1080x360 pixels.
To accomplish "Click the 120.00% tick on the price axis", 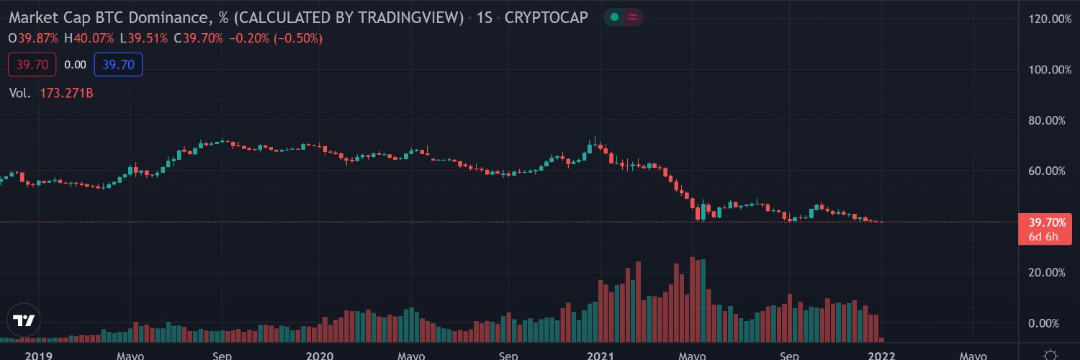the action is coord(1050,19).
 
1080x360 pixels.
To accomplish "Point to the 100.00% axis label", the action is coord(1050,70).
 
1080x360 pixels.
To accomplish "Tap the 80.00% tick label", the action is coord(1047,120).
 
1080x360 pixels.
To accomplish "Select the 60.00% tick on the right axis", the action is coord(1047,171).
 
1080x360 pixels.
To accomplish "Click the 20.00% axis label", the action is coord(1047,273).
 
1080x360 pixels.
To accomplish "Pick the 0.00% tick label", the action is coord(1043,323).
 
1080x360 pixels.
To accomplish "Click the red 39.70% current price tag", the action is coord(1045,229).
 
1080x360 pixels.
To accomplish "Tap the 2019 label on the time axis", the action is coord(39,356).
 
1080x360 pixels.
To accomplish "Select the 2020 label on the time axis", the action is coord(320,356).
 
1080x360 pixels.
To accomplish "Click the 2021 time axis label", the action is coord(600,356).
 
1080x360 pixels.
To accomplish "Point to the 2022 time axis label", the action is coord(881,356).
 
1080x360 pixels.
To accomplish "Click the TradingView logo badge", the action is coord(24,320).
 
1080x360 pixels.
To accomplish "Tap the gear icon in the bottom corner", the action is coord(1050,355).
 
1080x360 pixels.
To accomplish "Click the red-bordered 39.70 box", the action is coord(32,65).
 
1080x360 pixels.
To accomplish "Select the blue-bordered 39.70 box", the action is coord(118,65).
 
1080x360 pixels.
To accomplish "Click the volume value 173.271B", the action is coord(66,93).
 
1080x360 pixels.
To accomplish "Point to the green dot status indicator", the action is coord(614,17).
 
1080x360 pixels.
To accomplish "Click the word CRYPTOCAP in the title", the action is coord(546,18).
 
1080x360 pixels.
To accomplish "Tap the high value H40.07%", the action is coord(89,39).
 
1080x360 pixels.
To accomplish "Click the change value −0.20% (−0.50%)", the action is coord(276,39).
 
